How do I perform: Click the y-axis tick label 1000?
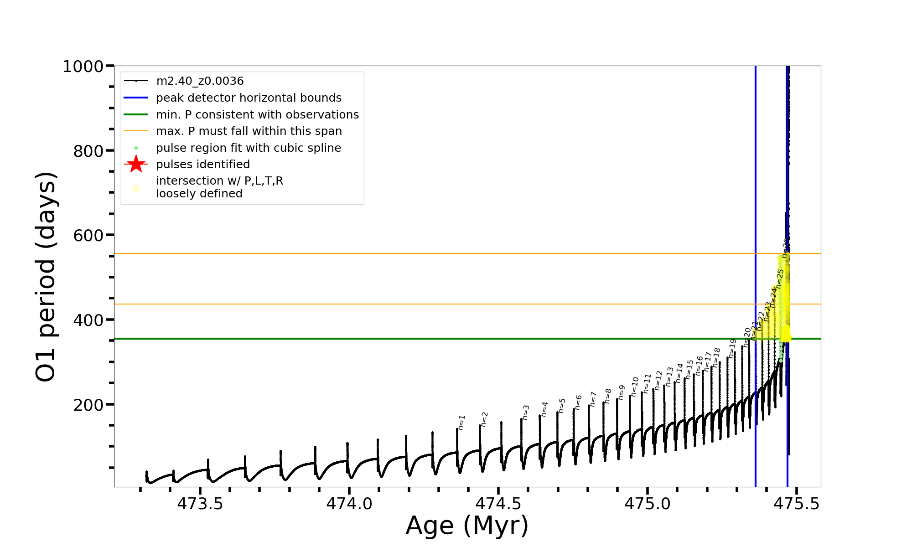point(83,67)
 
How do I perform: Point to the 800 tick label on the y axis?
point(88,151)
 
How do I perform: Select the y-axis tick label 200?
point(88,405)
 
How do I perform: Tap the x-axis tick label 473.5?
point(200,504)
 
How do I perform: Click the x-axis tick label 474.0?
point(349,504)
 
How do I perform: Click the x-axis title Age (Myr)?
point(467,525)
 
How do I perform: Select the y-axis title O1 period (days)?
point(46,277)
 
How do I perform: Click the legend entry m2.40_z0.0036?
point(200,81)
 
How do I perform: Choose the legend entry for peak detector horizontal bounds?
point(249,98)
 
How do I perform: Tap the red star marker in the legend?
point(136,164)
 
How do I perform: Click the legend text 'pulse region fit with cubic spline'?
point(249,148)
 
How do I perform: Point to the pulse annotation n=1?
point(461,423)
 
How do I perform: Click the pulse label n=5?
point(562,405)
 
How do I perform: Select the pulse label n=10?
point(635,387)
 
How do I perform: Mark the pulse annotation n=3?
point(526,412)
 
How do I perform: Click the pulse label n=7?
point(593,399)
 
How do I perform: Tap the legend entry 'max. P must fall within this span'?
point(249,131)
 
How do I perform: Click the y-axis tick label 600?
point(88,236)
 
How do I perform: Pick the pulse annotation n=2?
point(485,419)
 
